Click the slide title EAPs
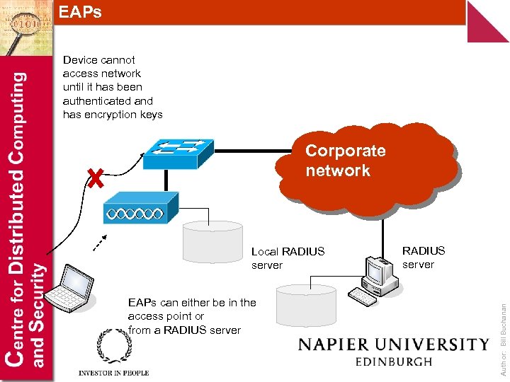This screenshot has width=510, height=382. point(80,12)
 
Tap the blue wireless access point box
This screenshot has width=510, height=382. point(135,212)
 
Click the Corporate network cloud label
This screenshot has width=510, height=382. point(346,161)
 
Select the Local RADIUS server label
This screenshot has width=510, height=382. point(288,258)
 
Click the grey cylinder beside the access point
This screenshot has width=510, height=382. point(212,241)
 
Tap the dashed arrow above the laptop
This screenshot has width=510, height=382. point(103,242)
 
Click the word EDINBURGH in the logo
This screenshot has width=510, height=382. point(395,361)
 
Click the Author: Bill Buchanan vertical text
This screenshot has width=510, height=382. point(502,328)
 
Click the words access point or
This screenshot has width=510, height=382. point(166,316)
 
